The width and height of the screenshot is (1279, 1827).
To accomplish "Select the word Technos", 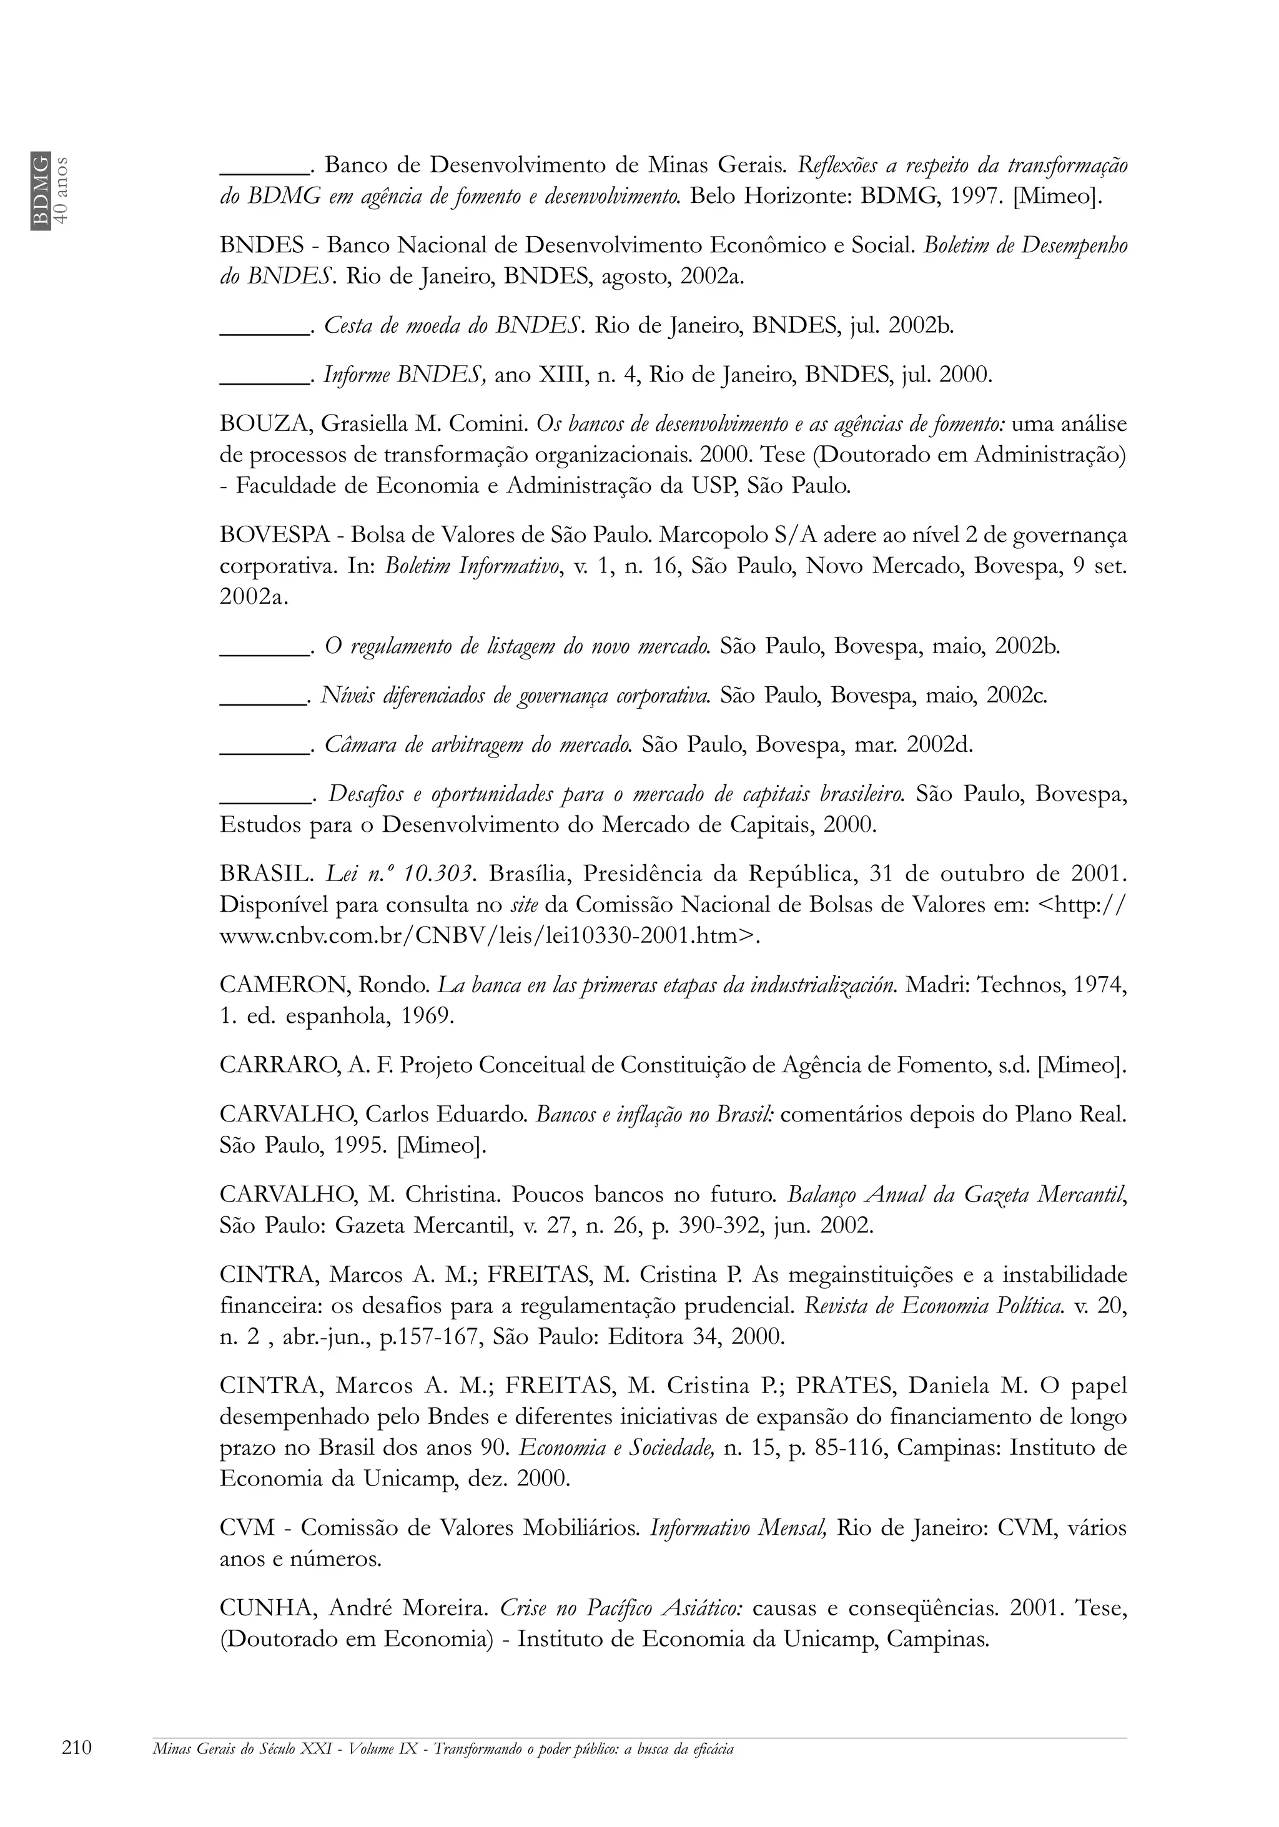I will pyautogui.click(x=1020, y=985).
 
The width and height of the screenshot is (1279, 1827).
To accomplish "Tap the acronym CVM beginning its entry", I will pyautogui.click(x=247, y=1529).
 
